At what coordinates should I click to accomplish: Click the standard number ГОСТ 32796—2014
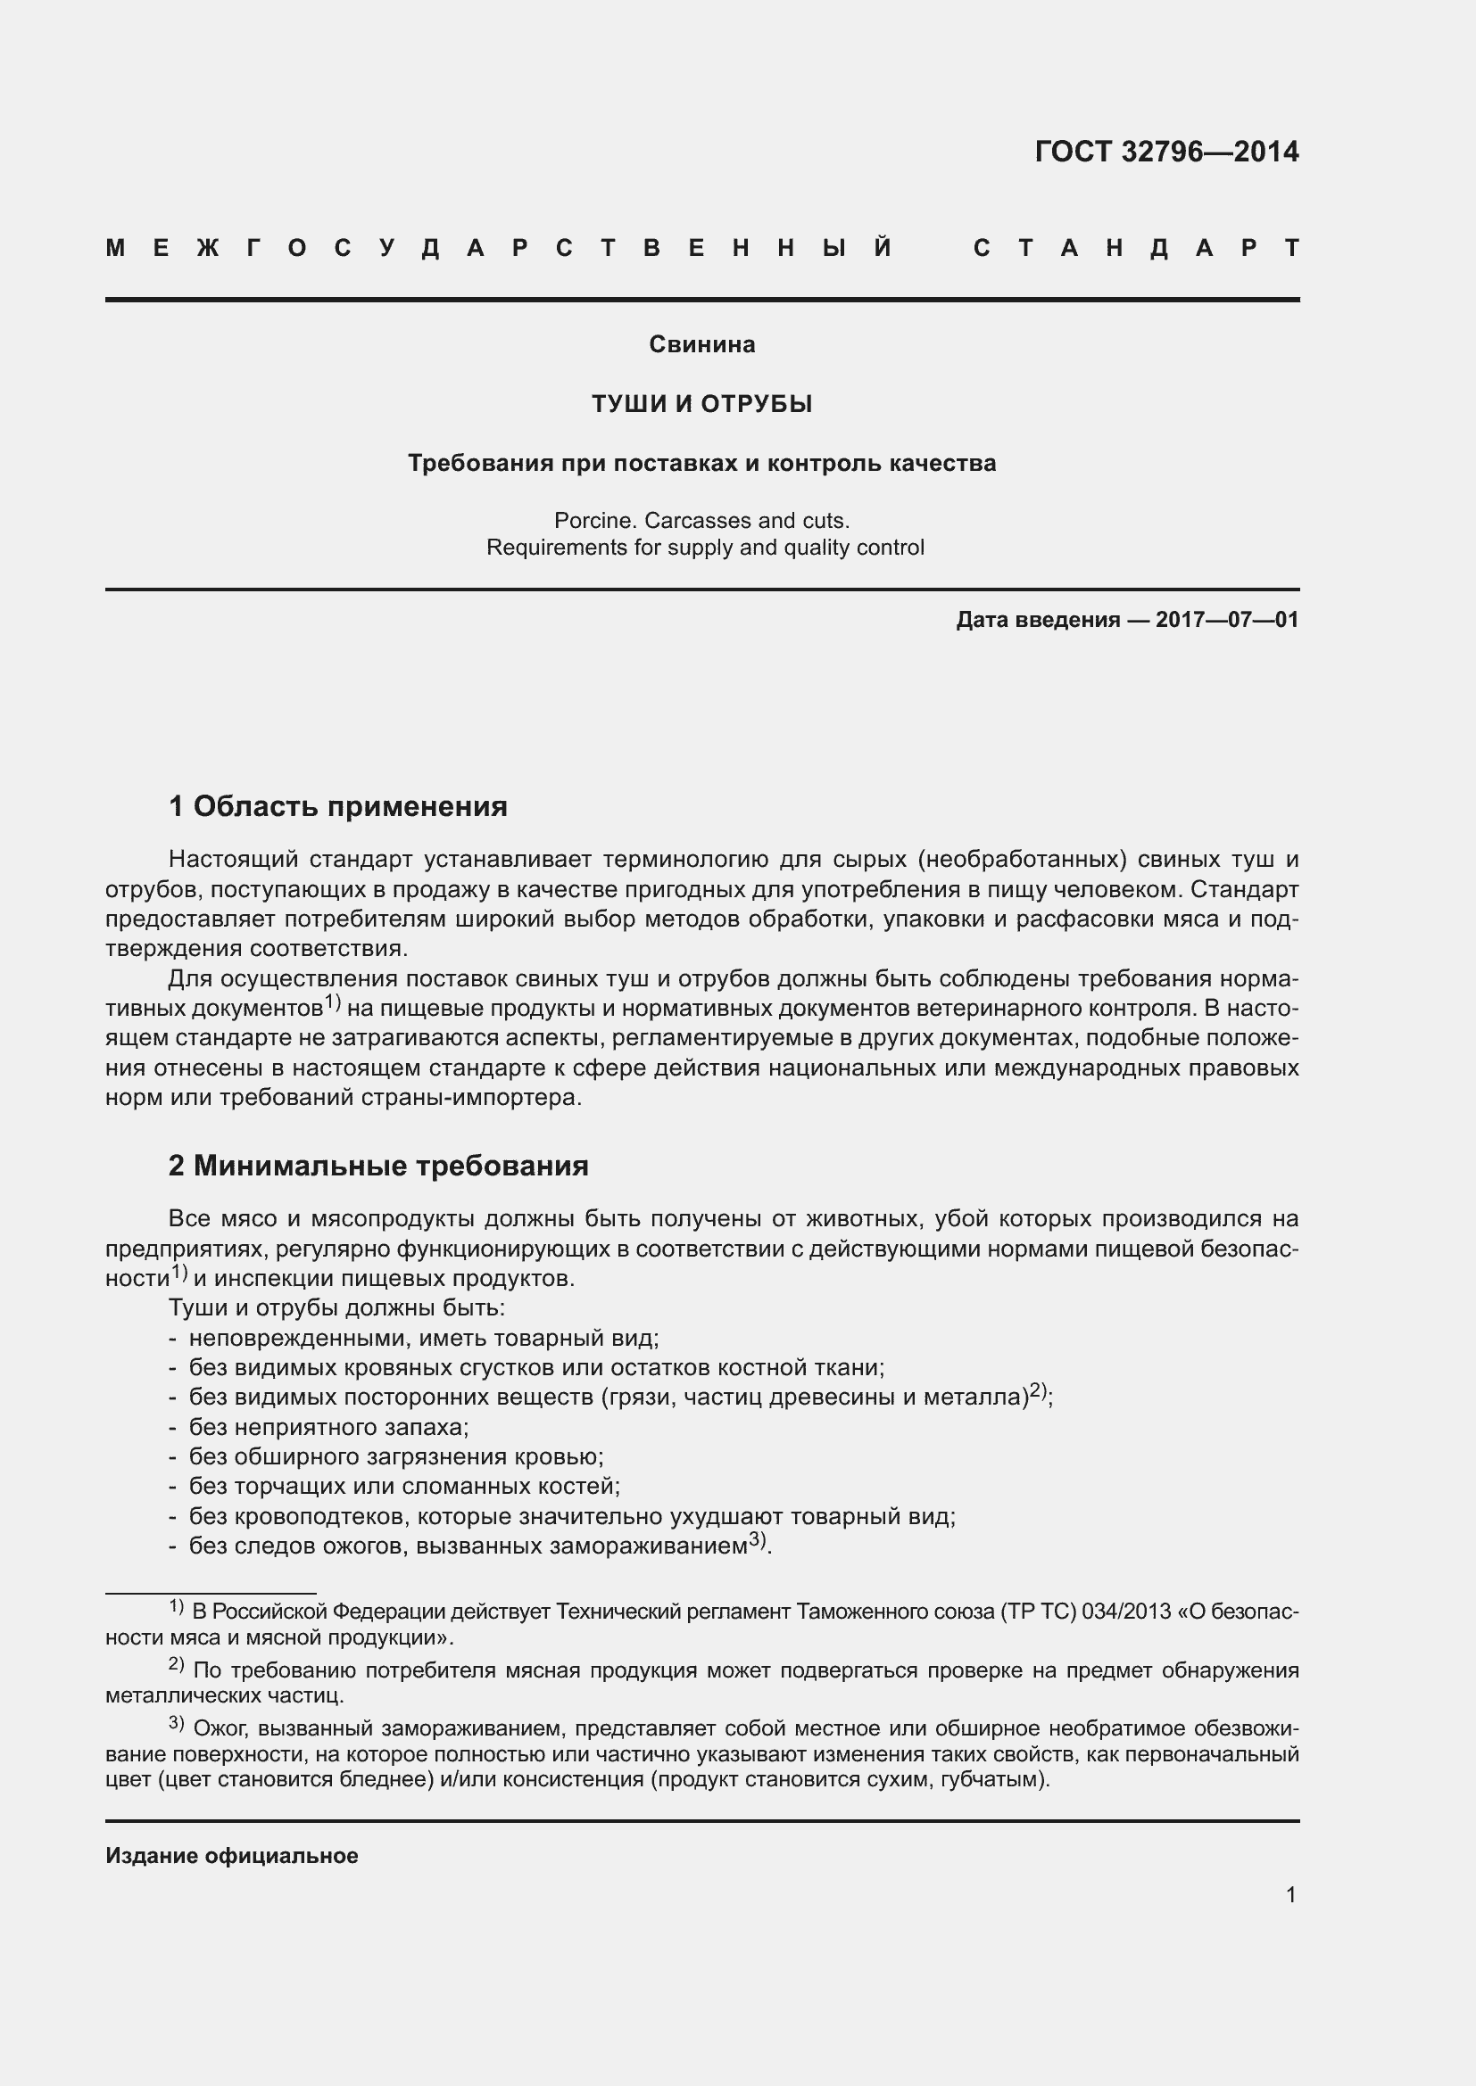pos(1166,152)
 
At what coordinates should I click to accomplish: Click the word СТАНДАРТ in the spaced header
pos(1135,248)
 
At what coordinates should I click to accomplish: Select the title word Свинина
pos(701,344)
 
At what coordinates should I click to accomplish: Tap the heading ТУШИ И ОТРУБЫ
pos(701,403)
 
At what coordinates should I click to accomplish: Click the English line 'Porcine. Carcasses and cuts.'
pos(701,521)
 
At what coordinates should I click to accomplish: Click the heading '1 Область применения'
pos(338,806)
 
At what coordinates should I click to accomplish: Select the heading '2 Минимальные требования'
pos(378,1165)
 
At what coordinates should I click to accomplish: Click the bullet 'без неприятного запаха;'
pos(328,1426)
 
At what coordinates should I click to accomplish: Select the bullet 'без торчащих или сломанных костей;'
pos(403,1487)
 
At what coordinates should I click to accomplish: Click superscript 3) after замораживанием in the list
pos(758,1540)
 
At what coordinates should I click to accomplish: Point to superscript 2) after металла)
pos(1039,1391)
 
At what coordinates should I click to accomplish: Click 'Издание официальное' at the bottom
pos(232,1855)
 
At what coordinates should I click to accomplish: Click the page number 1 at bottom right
pos(1290,1894)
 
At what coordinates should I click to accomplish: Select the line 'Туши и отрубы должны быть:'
pos(336,1307)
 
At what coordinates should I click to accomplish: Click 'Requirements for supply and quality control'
pos(705,548)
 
